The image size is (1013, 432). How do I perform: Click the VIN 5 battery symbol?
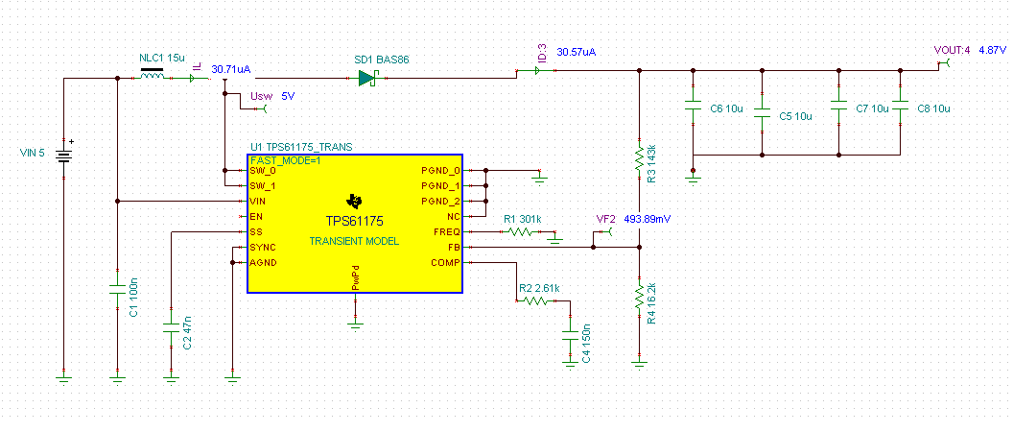(63, 154)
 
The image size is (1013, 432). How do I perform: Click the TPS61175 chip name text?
(354, 221)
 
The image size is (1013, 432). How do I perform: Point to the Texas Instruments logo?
(355, 201)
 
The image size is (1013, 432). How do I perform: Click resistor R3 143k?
(640, 157)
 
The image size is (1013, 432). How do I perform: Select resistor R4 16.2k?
(640, 298)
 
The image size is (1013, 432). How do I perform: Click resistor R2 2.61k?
(534, 300)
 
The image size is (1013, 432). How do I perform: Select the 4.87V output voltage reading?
(992, 50)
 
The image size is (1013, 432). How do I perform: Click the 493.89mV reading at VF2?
(648, 219)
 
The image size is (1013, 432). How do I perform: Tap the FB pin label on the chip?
(453, 248)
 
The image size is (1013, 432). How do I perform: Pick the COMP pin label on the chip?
(445, 262)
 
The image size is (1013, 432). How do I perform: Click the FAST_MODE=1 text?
(286, 160)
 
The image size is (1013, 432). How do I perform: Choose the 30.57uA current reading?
(577, 51)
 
